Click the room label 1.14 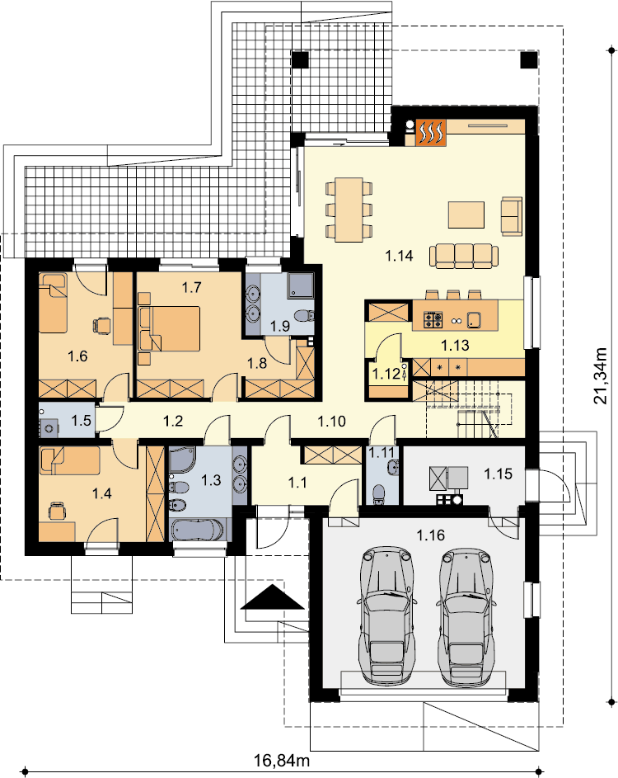coord(399,256)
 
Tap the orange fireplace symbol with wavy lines coord(431,133)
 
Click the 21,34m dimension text coord(600,375)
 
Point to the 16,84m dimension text coord(282,760)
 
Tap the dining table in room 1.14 coord(349,210)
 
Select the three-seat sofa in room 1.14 coord(464,256)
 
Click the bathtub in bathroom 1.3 coord(199,530)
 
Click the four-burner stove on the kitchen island coord(433,319)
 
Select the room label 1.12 coord(386,373)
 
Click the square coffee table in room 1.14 coord(466,215)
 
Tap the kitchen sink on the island coord(474,320)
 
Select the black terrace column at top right coord(529,59)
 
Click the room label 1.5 coord(81,421)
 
